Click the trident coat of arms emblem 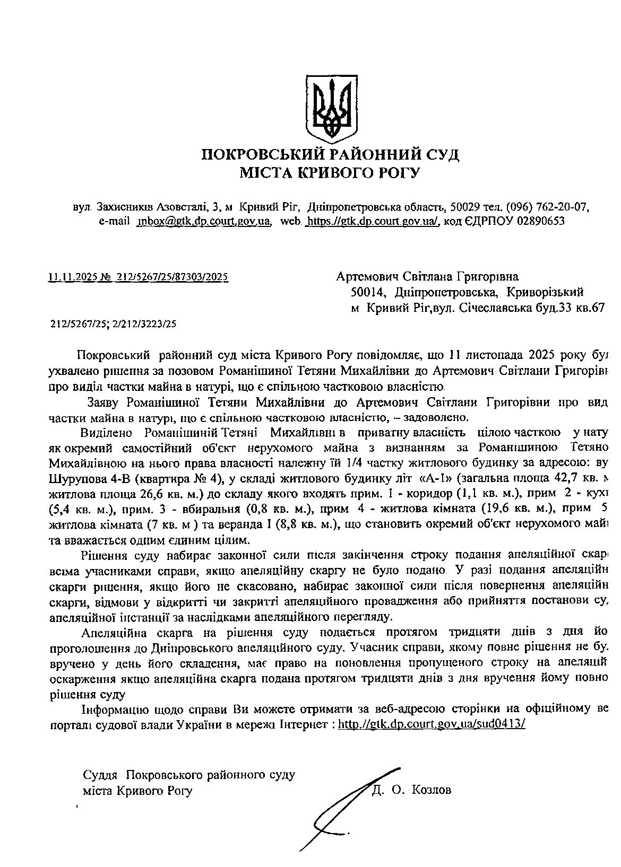coord(330,107)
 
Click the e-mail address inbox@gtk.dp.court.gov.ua coord(204,221)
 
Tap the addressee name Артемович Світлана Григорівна coord(428,277)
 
